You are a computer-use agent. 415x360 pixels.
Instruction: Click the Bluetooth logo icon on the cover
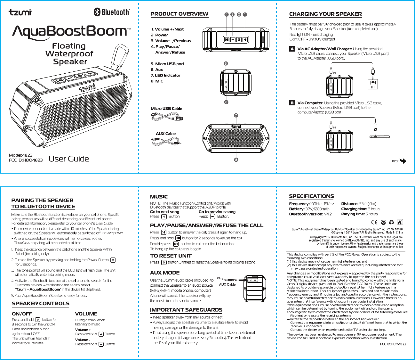pyautogui.click(x=97, y=12)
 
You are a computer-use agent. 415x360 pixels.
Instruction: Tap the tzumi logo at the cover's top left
pyautogui.click(x=20, y=12)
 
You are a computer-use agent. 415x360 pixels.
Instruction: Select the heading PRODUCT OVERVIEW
pyautogui.click(x=179, y=14)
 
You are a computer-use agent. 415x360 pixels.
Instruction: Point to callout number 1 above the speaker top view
pyautogui.click(x=245, y=14)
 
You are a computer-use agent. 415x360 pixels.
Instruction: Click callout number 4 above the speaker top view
pyautogui.click(x=227, y=14)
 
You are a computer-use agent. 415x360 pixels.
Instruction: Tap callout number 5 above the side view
pyautogui.click(x=226, y=63)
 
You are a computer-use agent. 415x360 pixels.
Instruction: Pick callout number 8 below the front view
pyautogui.click(x=236, y=160)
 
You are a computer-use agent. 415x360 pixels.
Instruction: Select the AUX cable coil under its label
pyautogui.click(x=166, y=141)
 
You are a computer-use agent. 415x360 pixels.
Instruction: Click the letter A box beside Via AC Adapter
pyautogui.click(x=292, y=49)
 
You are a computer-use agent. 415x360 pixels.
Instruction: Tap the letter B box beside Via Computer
pyautogui.click(x=292, y=103)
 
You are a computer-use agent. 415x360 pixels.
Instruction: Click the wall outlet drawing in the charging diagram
pyautogui.click(x=373, y=84)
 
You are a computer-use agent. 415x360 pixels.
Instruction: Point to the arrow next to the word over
pyautogui.click(x=403, y=161)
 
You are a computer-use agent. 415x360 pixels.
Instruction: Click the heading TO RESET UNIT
pyautogui.click(x=171, y=256)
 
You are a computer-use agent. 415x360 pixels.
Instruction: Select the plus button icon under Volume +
pyautogui.click(x=101, y=334)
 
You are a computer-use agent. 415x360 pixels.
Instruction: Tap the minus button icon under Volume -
pyautogui.click(x=101, y=344)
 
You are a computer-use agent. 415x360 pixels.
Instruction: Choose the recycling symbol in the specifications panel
pyautogui.click(x=391, y=222)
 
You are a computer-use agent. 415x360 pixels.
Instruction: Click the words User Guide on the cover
pyautogui.click(x=69, y=159)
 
